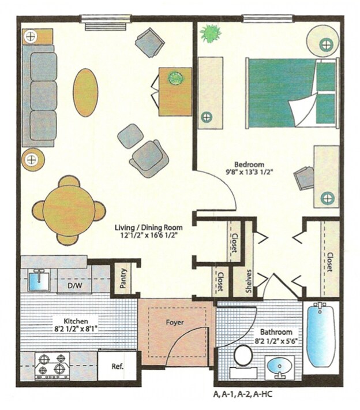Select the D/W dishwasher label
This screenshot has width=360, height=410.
click(74, 285)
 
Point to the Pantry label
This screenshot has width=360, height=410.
click(123, 278)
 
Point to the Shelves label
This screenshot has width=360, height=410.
click(249, 281)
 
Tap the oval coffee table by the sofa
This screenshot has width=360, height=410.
click(85, 92)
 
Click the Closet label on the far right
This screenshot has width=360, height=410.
click(329, 261)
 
